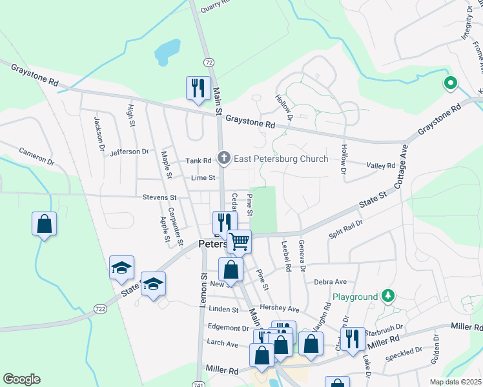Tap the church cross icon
coord(224,157)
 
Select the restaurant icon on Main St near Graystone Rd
coord(198,88)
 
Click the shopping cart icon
coord(240,241)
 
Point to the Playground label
coord(355,297)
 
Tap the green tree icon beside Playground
coord(387,296)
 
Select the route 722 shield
coord(101,310)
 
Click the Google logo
coord(21,379)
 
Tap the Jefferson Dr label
coord(130,152)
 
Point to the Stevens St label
coord(160,197)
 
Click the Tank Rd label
coord(198,161)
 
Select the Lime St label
coord(203,178)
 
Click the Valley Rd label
coord(380,166)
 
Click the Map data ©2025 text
coord(455,382)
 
